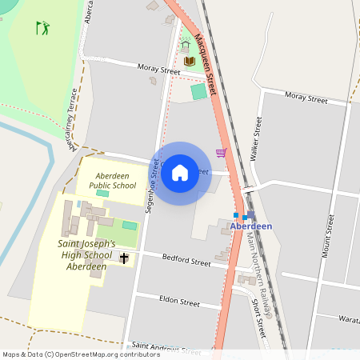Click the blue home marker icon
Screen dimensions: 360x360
click(180, 173)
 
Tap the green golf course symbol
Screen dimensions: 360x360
click(42, 29)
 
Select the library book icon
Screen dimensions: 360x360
click(190, 61)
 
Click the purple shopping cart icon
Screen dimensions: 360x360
click(221, 153)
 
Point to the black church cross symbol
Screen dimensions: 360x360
click(125, 258)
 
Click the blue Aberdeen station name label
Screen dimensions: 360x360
click(251, 226)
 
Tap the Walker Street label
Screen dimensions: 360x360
click(258, 136)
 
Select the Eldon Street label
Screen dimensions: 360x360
click(178, 303)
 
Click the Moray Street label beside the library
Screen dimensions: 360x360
click(159, 71)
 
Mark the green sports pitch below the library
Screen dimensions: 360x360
click(198, 91)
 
